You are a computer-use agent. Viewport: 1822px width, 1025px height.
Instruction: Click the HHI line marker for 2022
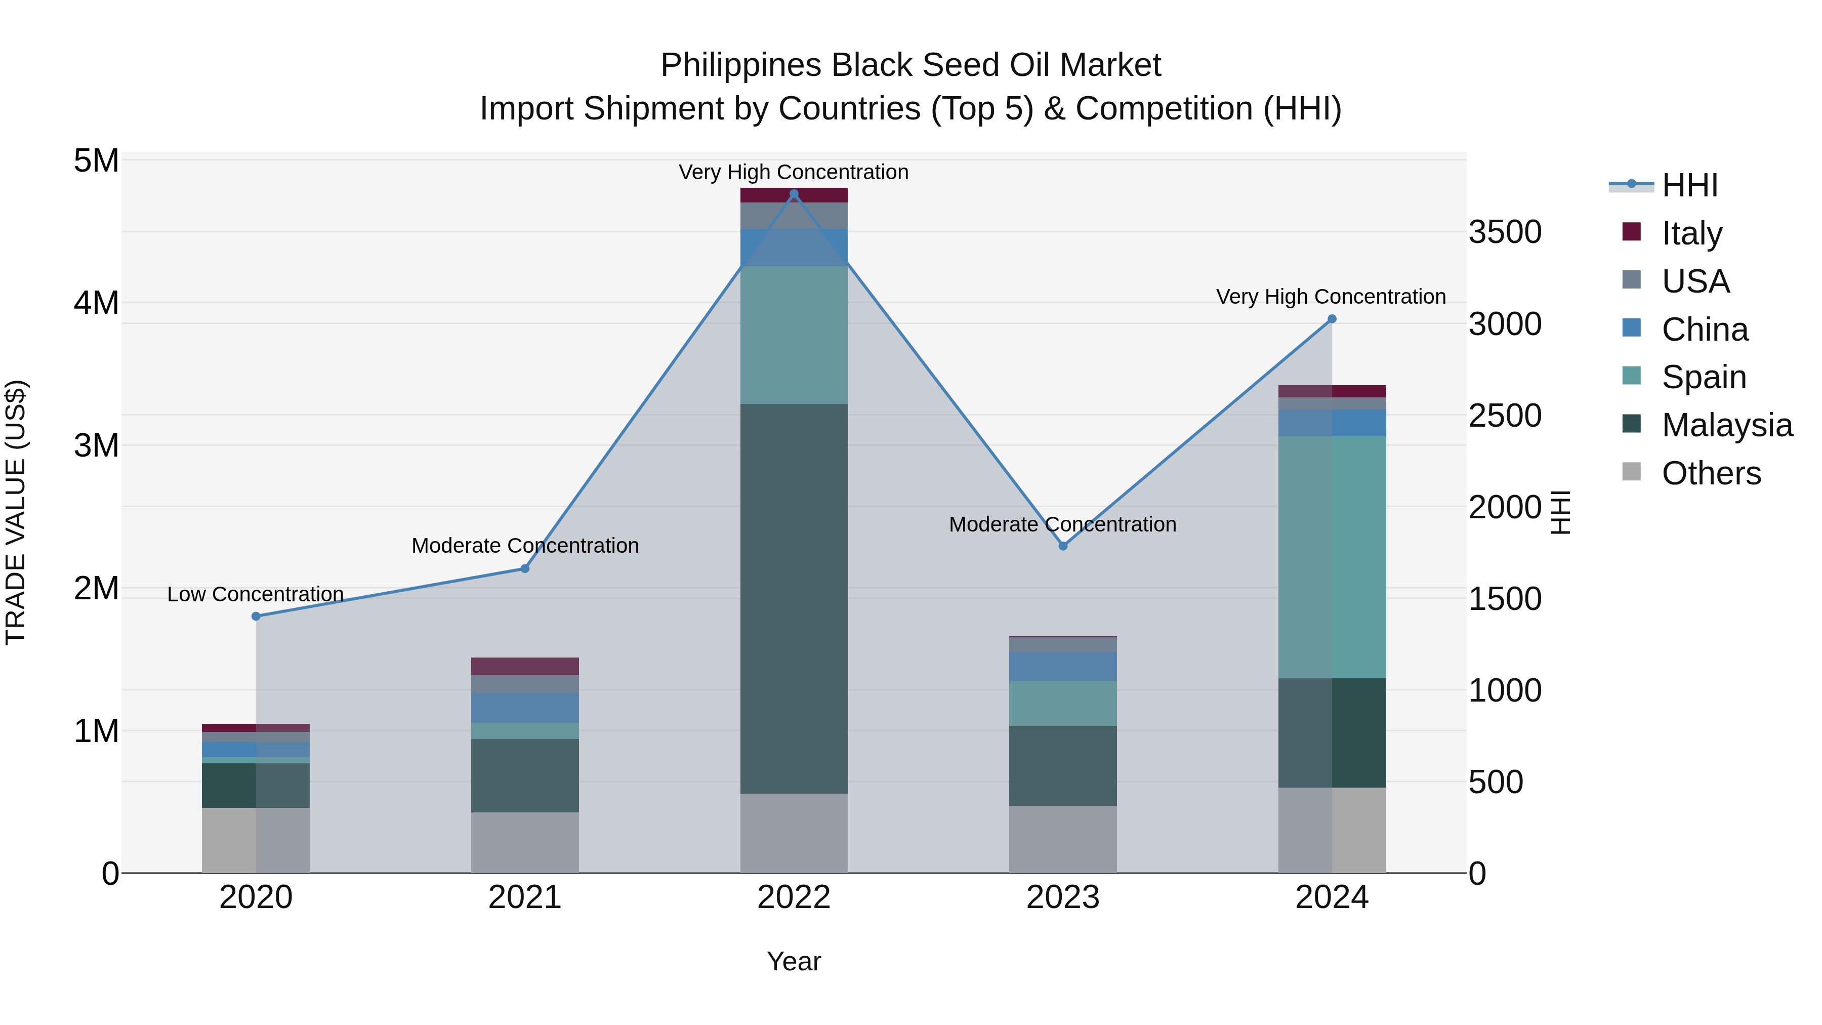pos(794,194)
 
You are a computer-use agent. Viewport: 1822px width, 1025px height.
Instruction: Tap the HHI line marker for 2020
pos(256,616)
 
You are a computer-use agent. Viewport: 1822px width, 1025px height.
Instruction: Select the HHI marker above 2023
pos(1062,546)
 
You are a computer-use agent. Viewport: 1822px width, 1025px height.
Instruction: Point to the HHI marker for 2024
pos(1332,319)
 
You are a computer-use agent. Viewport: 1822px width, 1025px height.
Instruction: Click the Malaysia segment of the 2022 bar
pos(794,598)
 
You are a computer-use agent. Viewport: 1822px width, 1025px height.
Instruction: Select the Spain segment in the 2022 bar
pos(794,335)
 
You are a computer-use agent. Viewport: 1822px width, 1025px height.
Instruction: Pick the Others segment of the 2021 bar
pos(525,842)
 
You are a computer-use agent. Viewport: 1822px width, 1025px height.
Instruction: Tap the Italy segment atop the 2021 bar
pos(525,666)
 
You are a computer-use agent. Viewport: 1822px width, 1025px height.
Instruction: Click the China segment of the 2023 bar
pos(1062,666)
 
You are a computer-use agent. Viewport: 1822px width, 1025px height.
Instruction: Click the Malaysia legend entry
pos(1726,425)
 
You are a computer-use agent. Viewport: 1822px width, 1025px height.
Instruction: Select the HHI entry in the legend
pos(1689,185)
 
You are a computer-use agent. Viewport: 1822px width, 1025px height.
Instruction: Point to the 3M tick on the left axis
pos(96,445)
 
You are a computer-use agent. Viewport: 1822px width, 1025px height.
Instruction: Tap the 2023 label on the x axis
pos(1062,897)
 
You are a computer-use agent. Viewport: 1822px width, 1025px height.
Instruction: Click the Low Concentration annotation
pos(256,594)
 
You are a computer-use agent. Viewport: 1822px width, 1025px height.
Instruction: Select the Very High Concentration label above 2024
pos(1331,297)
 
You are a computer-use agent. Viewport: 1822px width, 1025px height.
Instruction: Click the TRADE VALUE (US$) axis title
pos(16,512)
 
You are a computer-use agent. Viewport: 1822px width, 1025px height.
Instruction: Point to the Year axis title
pos(794,961)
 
